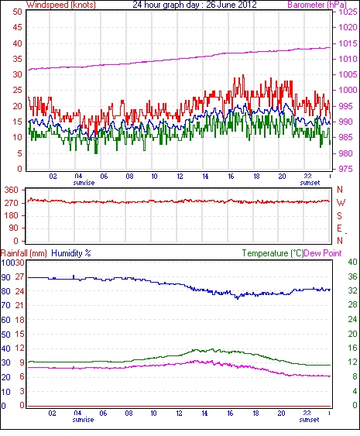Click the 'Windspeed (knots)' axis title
[x=61, y=5]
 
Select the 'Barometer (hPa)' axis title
[x=317, y=5]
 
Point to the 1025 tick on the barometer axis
[x=348, y=12]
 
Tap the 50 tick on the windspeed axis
[x=17, y=12]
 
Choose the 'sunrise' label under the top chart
[x=84, y=183]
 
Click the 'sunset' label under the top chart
[x=310, y=183]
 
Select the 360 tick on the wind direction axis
[x=12, y=191]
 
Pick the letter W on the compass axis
[x=341, y=203]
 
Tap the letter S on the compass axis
[x=339, y=215]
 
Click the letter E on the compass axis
[x=339, y=228]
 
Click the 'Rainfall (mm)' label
[x=24, y=253]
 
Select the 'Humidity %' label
[x=71, y=253]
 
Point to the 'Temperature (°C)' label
[x=273, y=253]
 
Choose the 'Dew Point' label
[x=323, y=253]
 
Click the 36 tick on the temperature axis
[x=352, y=276]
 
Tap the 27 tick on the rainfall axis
[x=19, y=277]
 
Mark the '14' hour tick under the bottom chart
[x=204, y=414]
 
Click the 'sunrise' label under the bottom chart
[x=83, y=419]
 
